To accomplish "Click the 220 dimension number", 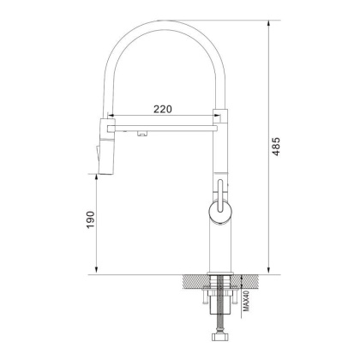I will [x=164, y=109].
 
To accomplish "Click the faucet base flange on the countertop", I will [x=219, y=272].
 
